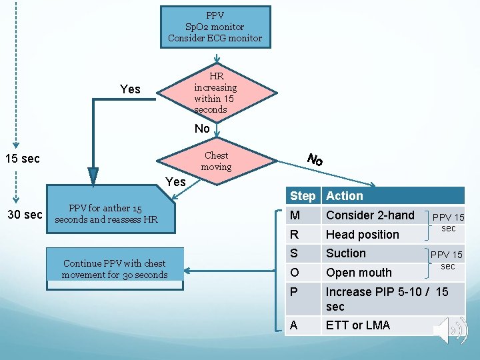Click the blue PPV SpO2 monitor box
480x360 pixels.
[215, 27]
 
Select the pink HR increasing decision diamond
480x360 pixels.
[215, 93]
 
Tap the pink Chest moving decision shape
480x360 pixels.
[216, 161]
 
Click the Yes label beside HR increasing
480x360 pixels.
[130, 89]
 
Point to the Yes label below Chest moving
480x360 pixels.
[175, 181]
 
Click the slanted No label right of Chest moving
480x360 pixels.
[315, 160]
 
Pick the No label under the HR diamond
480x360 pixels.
[202, 129]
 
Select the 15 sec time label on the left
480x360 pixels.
[22, 159]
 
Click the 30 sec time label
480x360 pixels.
[25, 215]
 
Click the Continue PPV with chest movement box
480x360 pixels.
[114, 269]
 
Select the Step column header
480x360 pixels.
[303, 196]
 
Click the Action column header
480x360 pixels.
[345, 196]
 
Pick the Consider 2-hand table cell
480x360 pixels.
[370, 215]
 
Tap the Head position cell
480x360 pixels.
[362, 235]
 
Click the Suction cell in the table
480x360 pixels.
[345, 253]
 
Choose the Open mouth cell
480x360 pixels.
[359, 273]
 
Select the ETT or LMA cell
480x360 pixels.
[357, 325]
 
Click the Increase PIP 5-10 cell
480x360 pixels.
[387, 299]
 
